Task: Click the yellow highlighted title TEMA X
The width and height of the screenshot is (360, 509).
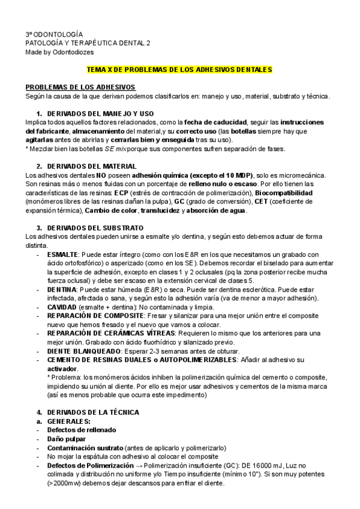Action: pos(180,70)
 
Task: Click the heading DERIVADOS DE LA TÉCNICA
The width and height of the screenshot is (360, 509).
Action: pos(92,412)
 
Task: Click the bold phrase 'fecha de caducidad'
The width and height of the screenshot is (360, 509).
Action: pos(222,122)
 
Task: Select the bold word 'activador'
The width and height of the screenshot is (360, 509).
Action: pos(62,368)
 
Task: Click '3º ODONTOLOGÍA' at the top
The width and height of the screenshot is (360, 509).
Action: pos(54,35)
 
